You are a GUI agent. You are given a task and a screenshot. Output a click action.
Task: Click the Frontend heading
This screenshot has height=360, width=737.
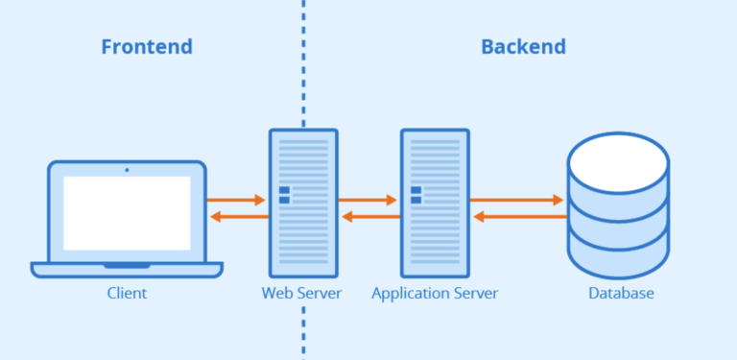(x=147, y=46)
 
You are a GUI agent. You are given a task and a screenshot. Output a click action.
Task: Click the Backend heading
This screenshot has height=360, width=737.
(x=523, y=46)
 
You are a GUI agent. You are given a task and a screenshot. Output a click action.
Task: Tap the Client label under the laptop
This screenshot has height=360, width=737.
(x=127, y=293)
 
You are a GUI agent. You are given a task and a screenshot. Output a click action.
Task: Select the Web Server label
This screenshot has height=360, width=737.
(x=301, y=293)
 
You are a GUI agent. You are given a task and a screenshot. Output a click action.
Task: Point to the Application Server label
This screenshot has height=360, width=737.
(x=435, y=293)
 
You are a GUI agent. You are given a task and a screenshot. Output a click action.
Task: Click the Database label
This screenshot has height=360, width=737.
(x=621, y=293)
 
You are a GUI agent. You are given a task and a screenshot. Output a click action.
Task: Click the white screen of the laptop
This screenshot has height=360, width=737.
(x=127, y=213)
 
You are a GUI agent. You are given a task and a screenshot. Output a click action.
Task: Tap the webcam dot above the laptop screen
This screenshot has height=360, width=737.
(x=127, y=170)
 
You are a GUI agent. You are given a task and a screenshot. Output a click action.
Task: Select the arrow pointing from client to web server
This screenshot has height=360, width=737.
(x=237, y=201)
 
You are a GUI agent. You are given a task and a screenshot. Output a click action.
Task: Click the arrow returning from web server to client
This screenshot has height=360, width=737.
(x=237, y=217)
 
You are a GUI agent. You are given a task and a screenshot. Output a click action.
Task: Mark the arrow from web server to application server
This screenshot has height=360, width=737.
(x=368, y=201)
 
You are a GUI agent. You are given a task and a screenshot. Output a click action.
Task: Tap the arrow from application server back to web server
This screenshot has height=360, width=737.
(x=368, y=217)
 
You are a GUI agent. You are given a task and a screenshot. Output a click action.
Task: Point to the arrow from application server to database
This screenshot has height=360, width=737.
(x=516, y=201)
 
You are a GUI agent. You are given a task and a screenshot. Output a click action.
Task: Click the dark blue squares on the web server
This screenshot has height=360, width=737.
(x=284, y=195)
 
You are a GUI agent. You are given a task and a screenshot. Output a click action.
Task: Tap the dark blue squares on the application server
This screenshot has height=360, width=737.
(x=416, y=195)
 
